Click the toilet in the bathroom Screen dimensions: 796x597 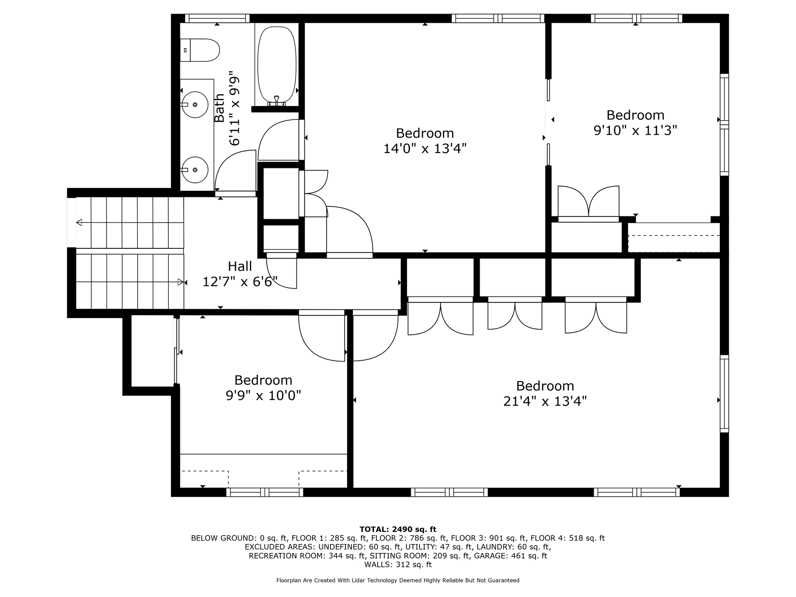(x=199, y=50)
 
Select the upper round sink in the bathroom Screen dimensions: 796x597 (x=195, y=104)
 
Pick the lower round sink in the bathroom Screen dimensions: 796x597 (x=195, y=170)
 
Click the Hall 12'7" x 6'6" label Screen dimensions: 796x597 (x=240, y=274)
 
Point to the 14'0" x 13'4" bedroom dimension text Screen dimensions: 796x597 (x=425, y=148)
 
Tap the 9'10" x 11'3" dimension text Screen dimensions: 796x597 (x=635, y=131)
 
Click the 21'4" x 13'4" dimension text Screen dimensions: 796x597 (x=545, y=401)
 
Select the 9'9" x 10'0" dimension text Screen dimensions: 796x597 (x=263, y=396)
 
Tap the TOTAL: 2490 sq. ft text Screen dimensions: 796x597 (x=398, y=529)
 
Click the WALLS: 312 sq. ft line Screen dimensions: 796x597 (x=398, y=565)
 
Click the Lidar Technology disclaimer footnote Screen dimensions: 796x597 (x=398, y=580)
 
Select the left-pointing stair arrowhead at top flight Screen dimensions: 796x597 (x=79, y=223)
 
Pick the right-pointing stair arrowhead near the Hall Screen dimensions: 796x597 (x=180, y=282)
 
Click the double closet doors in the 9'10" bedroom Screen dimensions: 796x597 (x=589, y=202)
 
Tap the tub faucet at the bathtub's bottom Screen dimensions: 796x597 (x=277, y=101)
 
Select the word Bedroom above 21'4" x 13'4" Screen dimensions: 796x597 (x=545, y=386)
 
